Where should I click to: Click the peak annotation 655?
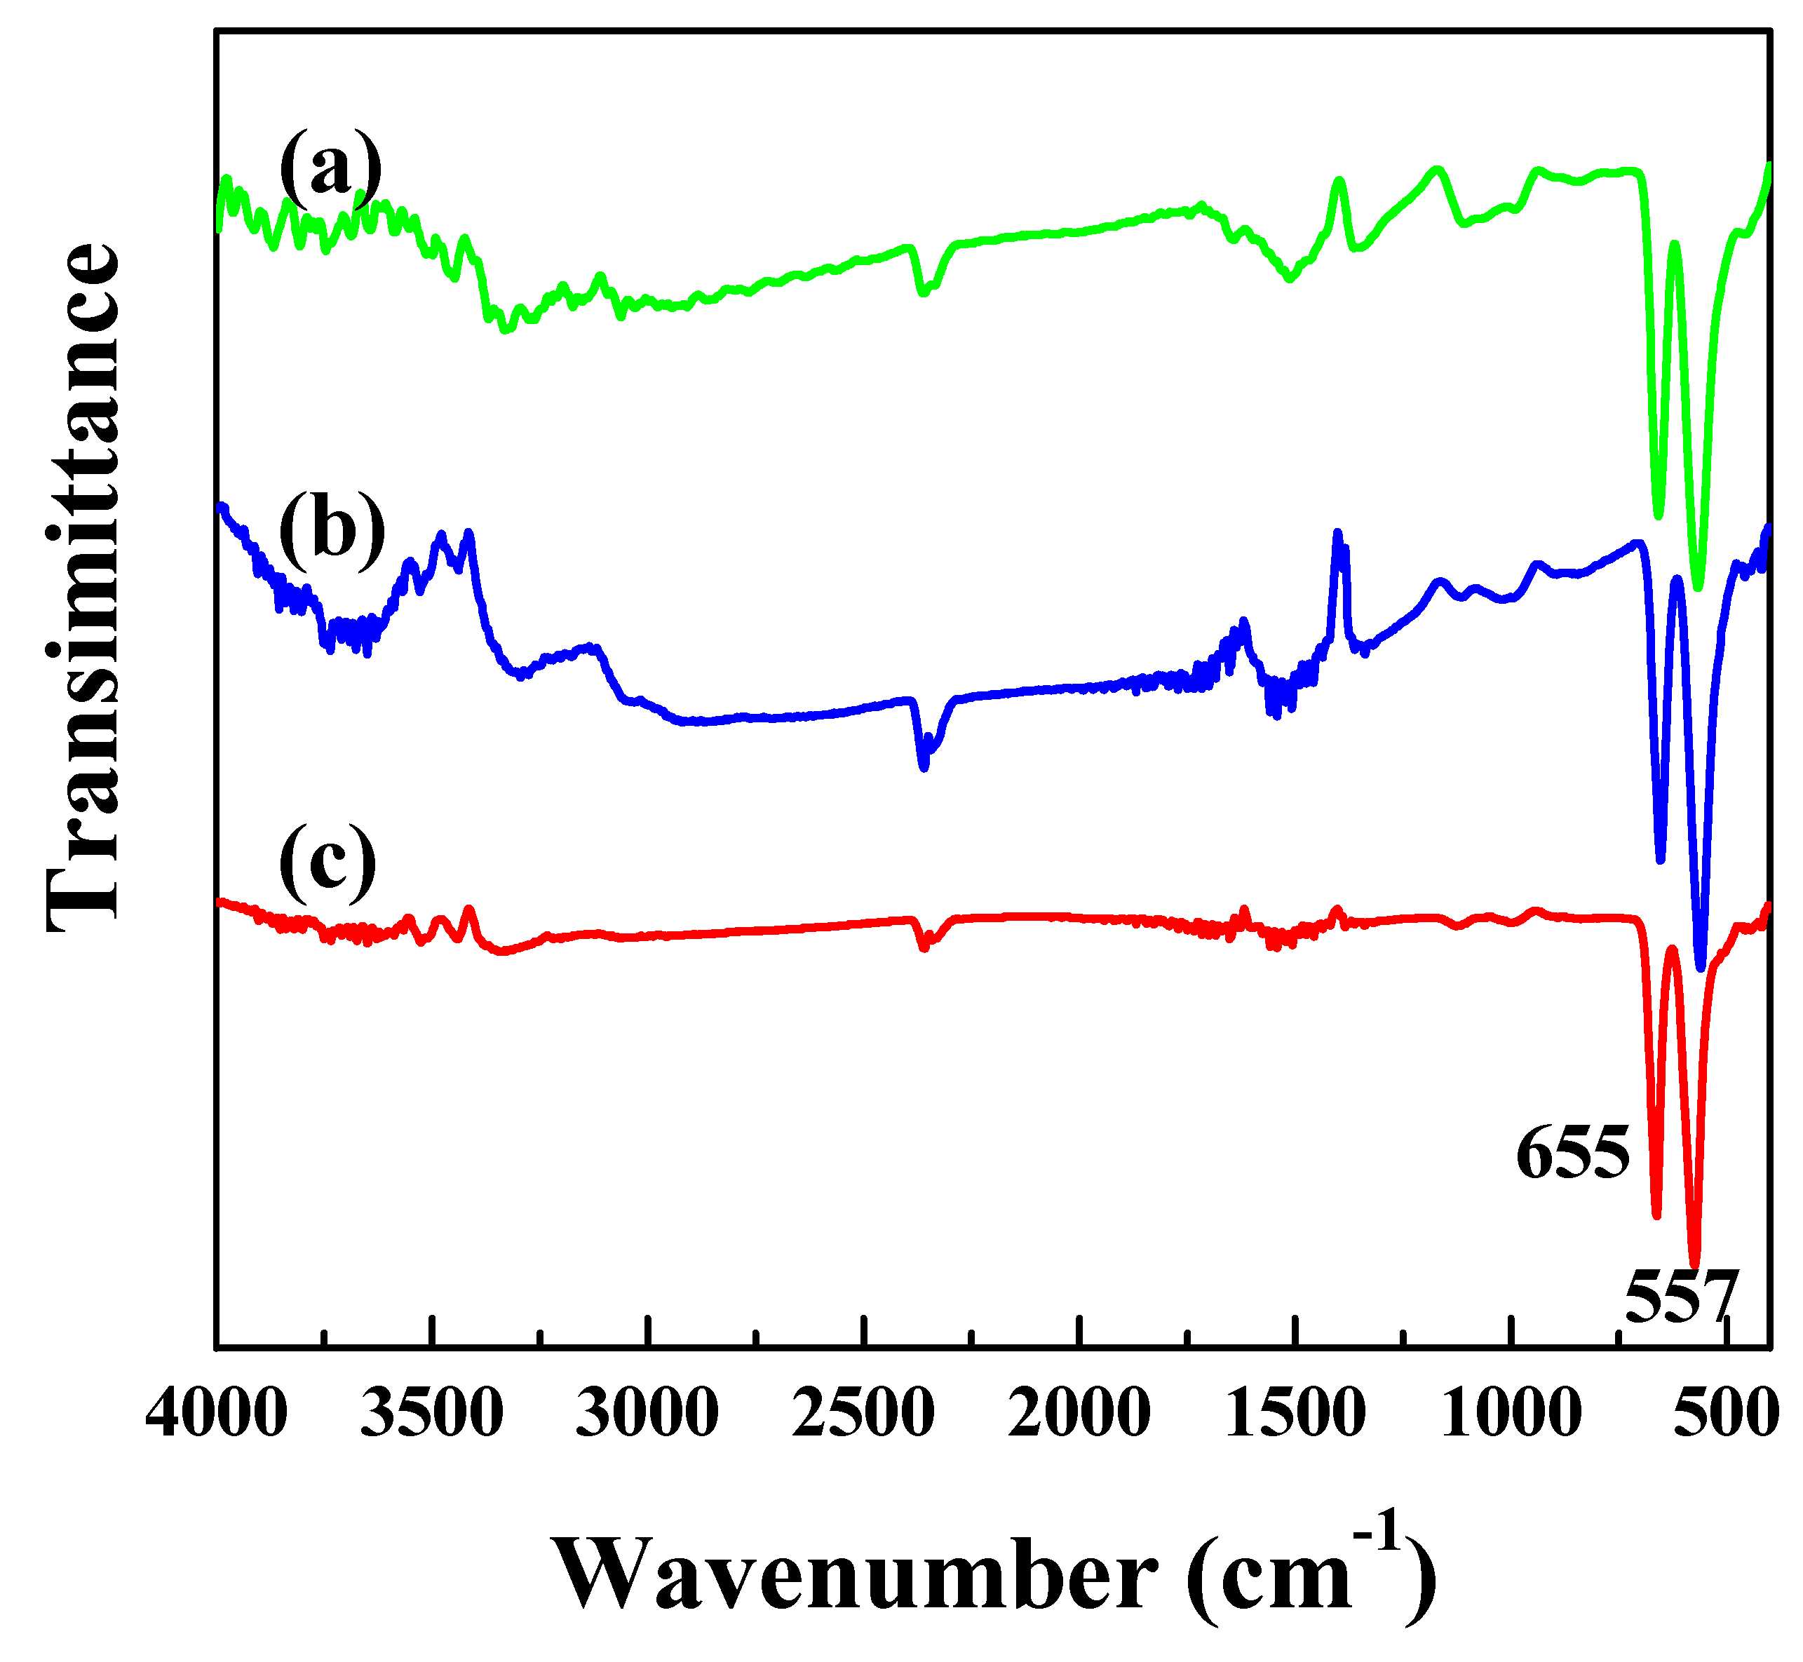coord(1572,1154)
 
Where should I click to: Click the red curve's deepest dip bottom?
coord(1694,1263)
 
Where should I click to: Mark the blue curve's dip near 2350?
coord(924,767)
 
